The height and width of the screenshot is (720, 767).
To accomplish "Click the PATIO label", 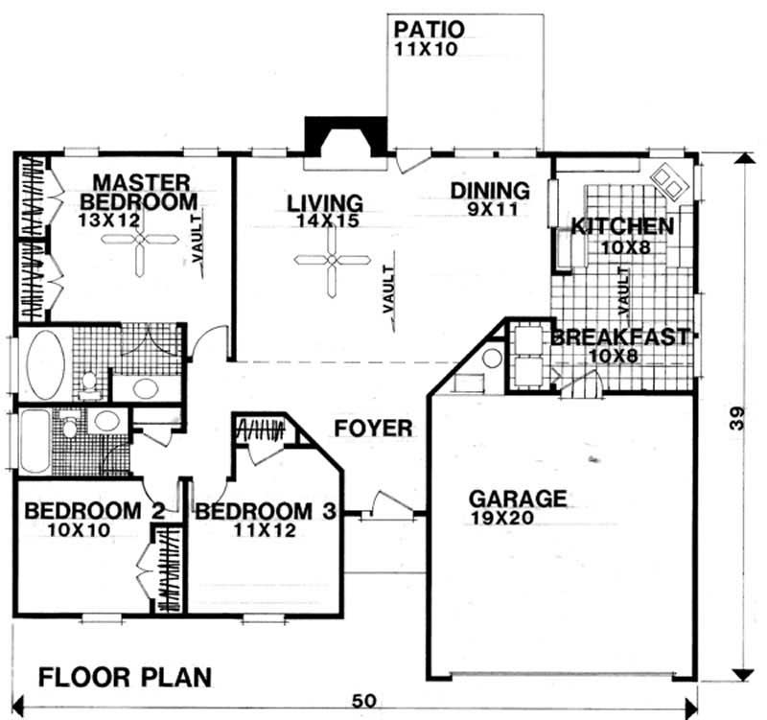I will (429, 27).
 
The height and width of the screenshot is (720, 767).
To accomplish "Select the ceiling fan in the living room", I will (331, 260).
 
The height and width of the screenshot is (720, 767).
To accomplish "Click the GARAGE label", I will (517, 499).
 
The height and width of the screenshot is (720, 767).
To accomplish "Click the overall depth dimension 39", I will (736, 419).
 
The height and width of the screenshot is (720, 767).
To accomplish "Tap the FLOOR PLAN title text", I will (125, 678).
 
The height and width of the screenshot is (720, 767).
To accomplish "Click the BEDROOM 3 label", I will (266, 511).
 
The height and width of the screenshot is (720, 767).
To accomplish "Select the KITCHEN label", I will (621, 227).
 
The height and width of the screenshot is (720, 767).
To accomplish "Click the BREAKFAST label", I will (619, 337).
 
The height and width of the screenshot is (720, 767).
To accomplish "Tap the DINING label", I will (490, 190).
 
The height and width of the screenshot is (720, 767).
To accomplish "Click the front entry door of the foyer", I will (390, 505).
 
